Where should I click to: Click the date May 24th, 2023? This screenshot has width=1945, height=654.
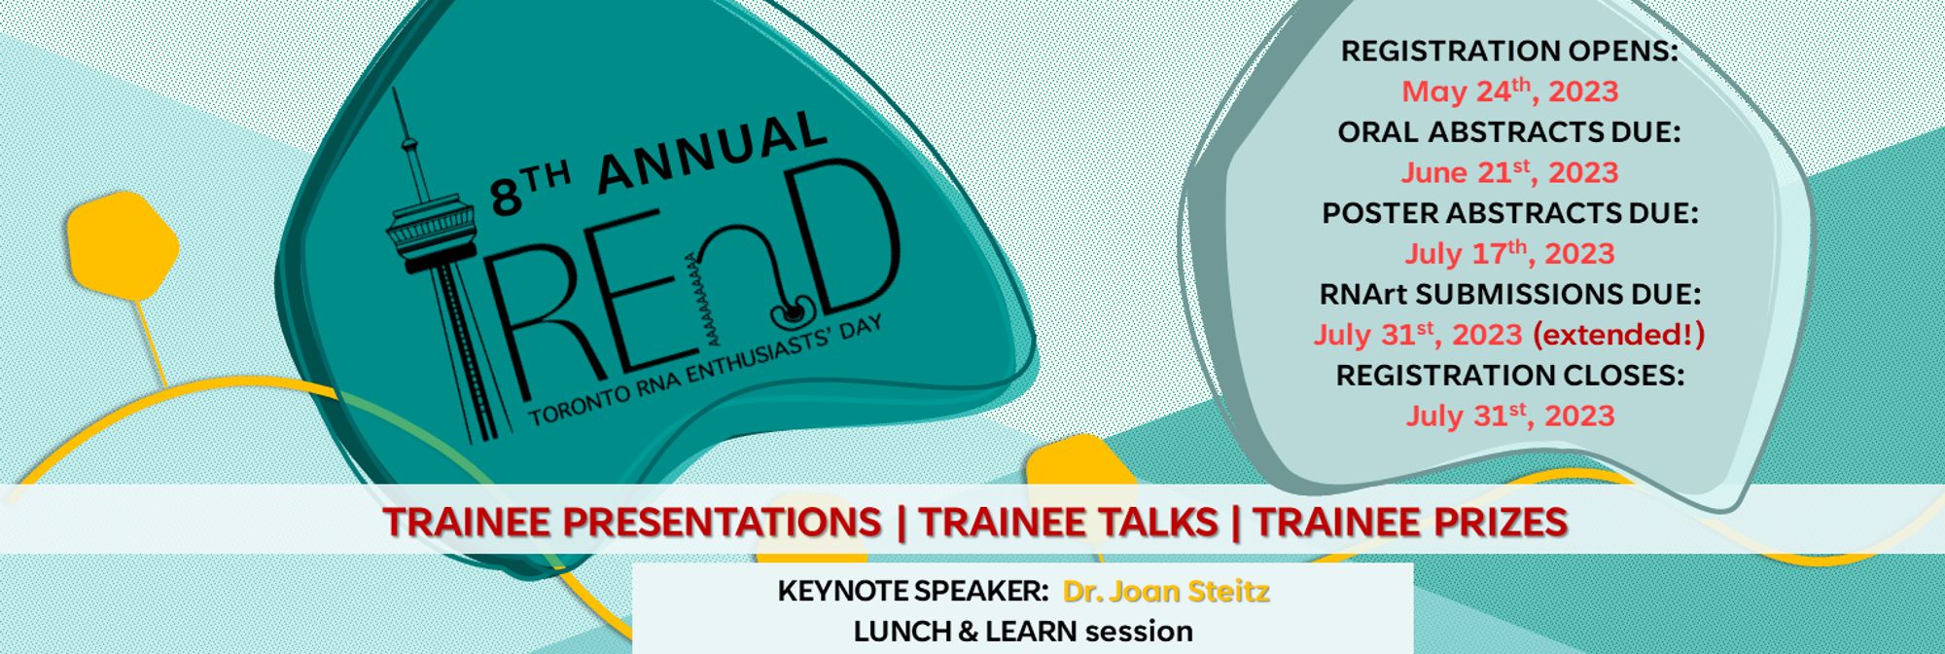tap(1509, 91)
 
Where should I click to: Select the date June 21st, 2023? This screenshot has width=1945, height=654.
tap(1509, 172)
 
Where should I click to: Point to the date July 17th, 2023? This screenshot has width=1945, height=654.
tap(1509, 253)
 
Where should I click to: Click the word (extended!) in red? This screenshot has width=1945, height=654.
tap(1618, 335)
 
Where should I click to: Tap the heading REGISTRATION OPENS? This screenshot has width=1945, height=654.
tap(1509, 51)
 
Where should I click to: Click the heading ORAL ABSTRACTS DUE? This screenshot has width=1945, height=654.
tap(1509, 131)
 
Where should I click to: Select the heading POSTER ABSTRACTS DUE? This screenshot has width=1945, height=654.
tap(1509, 212)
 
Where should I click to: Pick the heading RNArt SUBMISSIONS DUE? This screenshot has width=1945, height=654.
tap(1509, 293)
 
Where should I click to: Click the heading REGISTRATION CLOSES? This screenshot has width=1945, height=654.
tap(1509, 375)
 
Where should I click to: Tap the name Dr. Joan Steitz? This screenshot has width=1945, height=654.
tap(1166, 591)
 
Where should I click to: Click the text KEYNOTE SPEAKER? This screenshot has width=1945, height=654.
tap(912, 591)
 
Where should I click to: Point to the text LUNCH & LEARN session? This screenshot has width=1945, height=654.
tap(1023, 632)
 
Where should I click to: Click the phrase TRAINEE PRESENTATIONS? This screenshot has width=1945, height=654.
tap(632, 522)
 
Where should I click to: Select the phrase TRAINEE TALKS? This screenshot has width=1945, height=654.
tap(1069, 522)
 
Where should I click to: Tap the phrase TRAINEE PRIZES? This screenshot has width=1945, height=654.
tap(1410, 522)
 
